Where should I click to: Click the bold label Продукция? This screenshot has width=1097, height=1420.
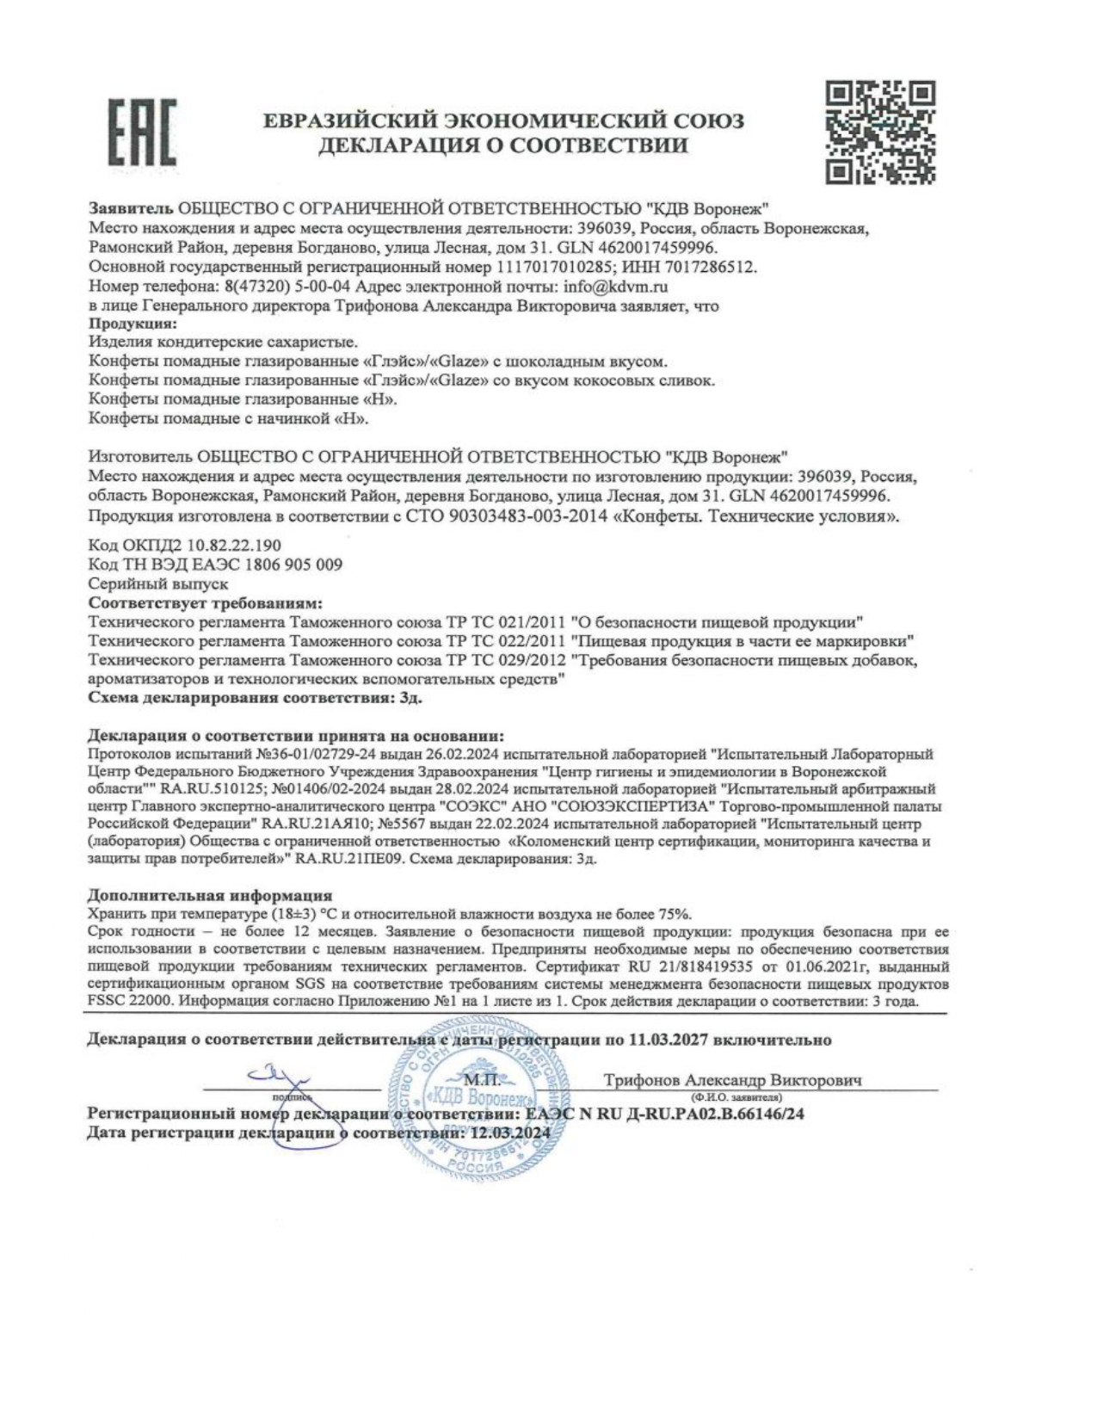133,324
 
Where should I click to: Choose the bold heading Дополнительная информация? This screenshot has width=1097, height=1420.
211,896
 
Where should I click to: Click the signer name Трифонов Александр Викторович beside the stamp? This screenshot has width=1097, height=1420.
733,1080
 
